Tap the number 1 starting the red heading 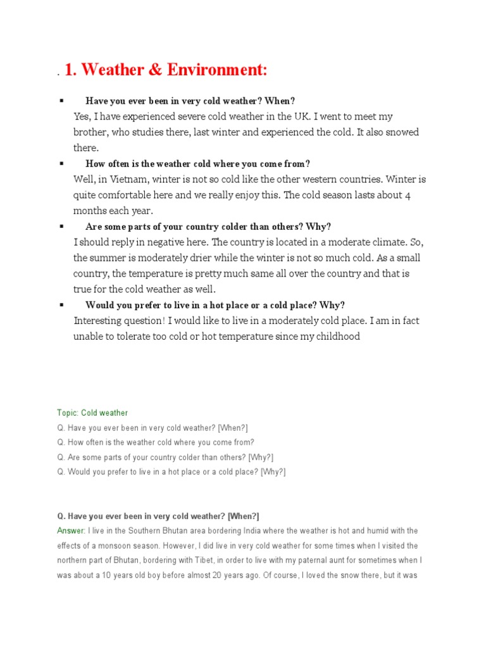[69, 71]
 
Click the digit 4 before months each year [408, 195]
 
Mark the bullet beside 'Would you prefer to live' [61, 304]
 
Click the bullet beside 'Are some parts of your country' [61, 226]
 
